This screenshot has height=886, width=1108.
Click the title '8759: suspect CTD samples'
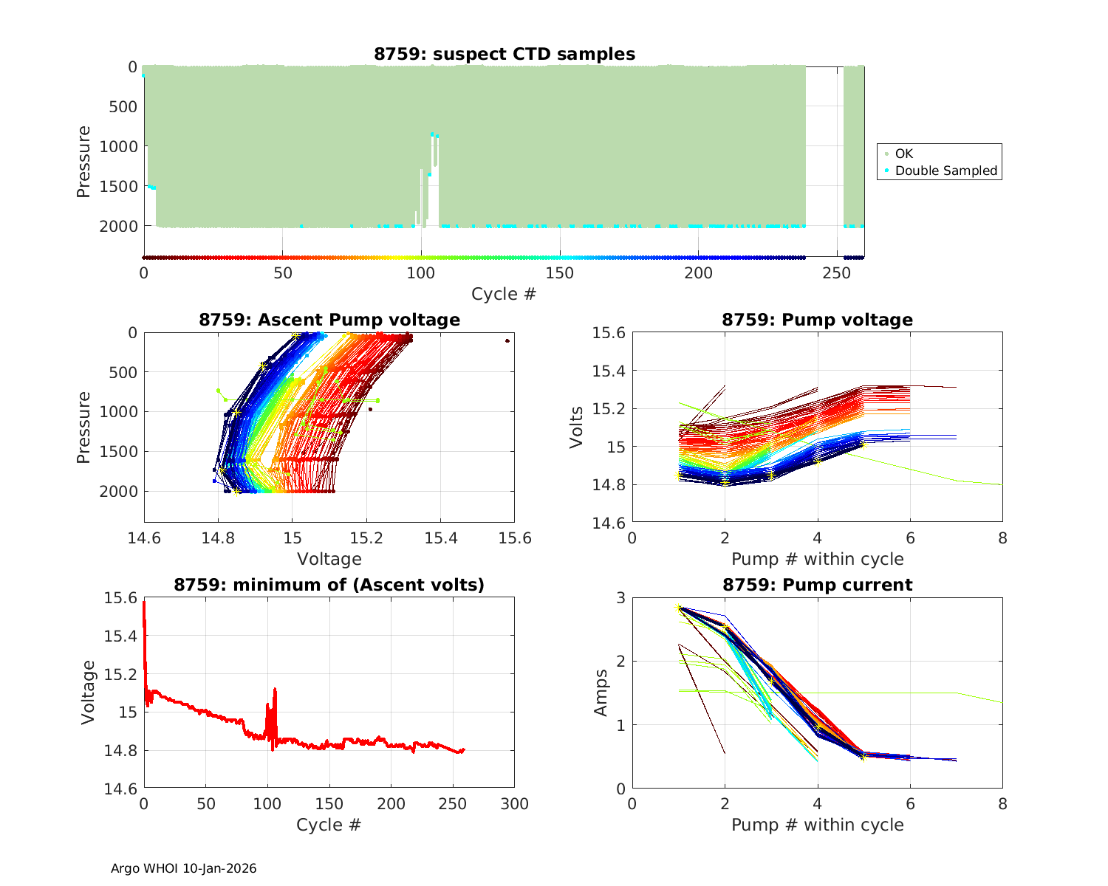504,54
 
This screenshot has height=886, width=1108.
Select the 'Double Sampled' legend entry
945,171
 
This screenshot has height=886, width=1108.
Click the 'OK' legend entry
903,154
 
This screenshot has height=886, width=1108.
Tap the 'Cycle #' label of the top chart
504,294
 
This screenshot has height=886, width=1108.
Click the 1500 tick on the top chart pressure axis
118,186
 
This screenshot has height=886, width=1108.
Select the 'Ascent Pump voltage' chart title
329,320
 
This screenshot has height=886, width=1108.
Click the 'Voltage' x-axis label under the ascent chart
329,559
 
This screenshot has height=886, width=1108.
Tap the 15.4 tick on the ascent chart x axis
440,538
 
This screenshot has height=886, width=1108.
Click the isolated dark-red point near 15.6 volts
507,340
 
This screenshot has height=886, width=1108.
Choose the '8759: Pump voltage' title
817,320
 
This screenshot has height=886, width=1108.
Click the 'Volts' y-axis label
576,427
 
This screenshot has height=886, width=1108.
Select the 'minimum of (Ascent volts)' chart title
329,585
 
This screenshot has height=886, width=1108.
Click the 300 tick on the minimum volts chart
514,803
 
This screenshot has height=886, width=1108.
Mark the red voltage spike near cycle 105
275,690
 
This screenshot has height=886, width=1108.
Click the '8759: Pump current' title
817,585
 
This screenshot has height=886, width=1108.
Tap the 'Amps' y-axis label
601,693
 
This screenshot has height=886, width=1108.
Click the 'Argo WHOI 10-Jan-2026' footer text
183,868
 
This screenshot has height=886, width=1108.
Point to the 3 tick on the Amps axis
620,597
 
